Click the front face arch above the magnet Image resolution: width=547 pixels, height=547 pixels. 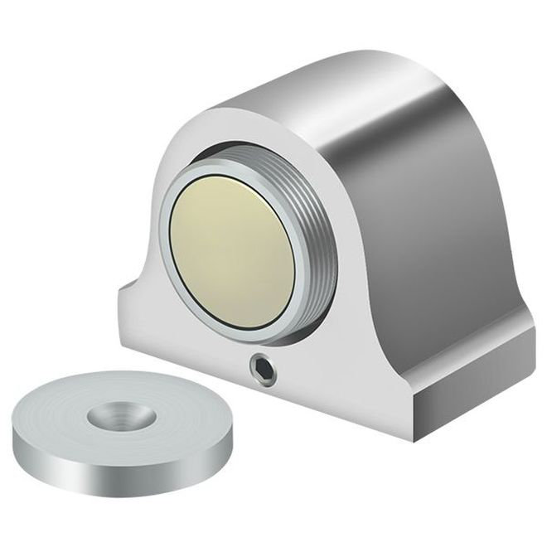249,141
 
